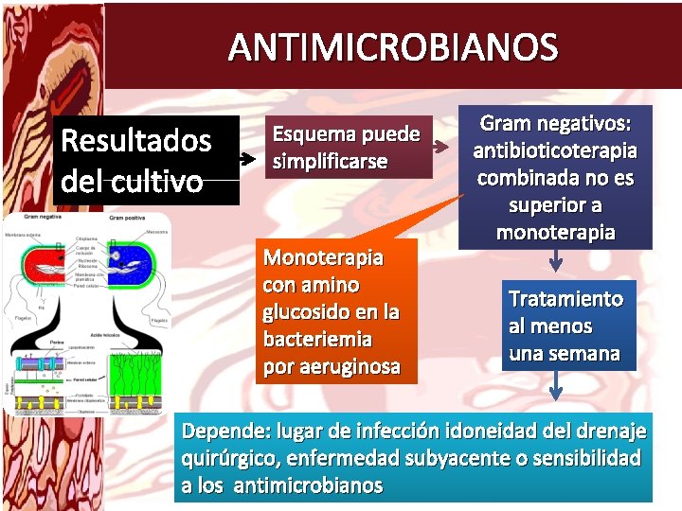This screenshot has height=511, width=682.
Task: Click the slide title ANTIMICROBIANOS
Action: (393, 46)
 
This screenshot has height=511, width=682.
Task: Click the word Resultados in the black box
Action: (135, 141)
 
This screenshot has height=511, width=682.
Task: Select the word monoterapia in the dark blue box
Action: (555, 232)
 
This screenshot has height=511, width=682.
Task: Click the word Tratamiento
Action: (565, 299)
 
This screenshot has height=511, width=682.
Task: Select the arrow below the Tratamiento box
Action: (556, 385)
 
